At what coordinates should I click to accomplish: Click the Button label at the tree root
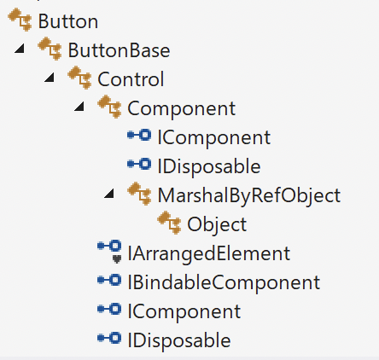[x=68, y=21]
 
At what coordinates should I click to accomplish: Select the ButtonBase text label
[x=119, y=50]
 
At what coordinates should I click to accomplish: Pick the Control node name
[x=131, y=79]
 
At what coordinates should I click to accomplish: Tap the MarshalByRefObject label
[x=249, y=195]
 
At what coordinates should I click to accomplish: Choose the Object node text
[x=217, y=224]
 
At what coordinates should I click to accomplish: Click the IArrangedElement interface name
[x=209, y=253]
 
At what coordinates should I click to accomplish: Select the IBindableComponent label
[x=224, y=282]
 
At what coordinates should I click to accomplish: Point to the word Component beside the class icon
[x=182, y=108]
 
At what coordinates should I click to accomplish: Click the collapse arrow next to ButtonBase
[x=20, y=49]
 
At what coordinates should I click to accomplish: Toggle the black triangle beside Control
[x=50, y=78]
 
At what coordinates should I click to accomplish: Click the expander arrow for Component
[x=79, y=107]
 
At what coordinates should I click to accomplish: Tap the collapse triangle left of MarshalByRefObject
[x=109, y=194]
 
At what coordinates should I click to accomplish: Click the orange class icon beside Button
[x=20, y=20]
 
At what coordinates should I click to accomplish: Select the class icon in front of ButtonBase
[x=50, y=49]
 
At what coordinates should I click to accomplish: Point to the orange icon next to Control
[x=79, y=78]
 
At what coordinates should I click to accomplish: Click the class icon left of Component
[x=109, y=107]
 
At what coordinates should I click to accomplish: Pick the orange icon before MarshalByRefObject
[x=139, y=194]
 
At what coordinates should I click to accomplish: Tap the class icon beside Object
[x=169, y=223]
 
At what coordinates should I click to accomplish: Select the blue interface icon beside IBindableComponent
[x=109, y=280]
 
